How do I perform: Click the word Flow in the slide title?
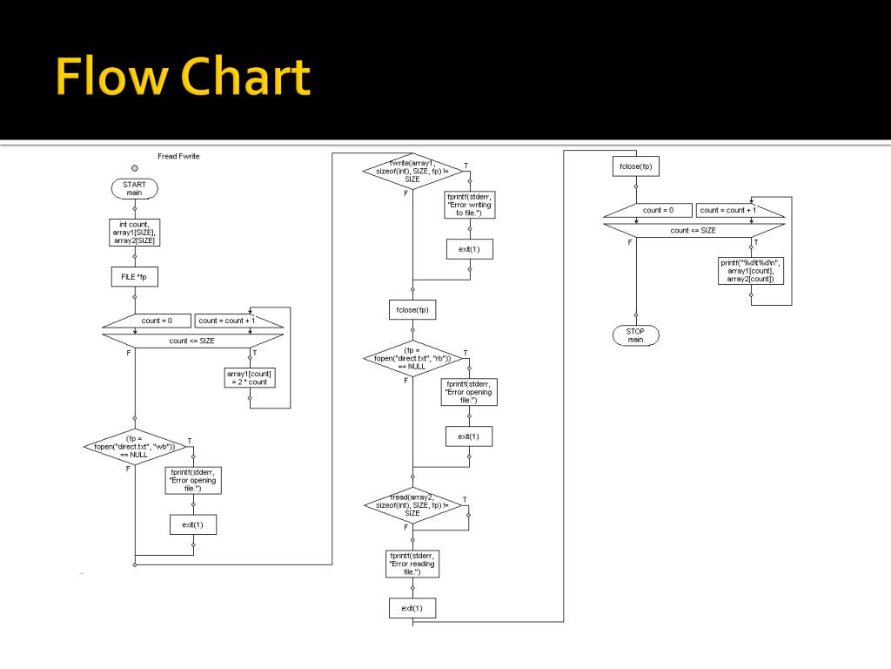click(x=111, y=78)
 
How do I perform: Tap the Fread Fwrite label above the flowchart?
click(x=178, y=156)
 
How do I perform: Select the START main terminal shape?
click(x=135, y=189)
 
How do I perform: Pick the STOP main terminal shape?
click(x=635, y=335)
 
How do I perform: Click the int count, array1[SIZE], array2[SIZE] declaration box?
click(x=135, y=233)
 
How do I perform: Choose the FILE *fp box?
click(x=135, y=277)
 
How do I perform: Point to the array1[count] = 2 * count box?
click(x=250, y=377)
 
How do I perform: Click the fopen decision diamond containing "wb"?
click(x=135, y=447)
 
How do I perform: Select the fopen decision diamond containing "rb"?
click(x=413, y=359)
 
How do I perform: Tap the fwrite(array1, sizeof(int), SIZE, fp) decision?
click(x=412, y=171)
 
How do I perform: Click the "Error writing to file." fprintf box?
click(x=470, y=205)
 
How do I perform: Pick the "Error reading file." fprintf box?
click(x=412, y=564)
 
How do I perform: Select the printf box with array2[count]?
click(x=750, y=271)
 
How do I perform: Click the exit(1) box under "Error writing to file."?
click(x=470, y=250)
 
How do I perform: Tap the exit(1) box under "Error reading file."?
click(x=412, y=608)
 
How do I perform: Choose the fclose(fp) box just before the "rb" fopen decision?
click(x=412, y=309)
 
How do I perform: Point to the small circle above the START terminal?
click(x=135, y=166)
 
